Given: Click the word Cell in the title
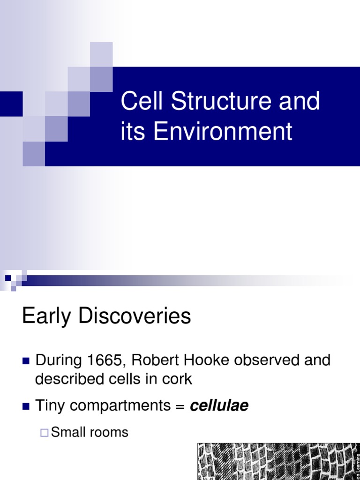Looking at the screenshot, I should point(142,101).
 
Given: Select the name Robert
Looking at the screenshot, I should point(155,360).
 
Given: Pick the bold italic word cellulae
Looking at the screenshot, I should point(219,406).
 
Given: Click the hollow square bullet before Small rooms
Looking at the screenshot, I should point(44,432).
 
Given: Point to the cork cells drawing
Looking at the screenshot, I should point(277,461).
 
